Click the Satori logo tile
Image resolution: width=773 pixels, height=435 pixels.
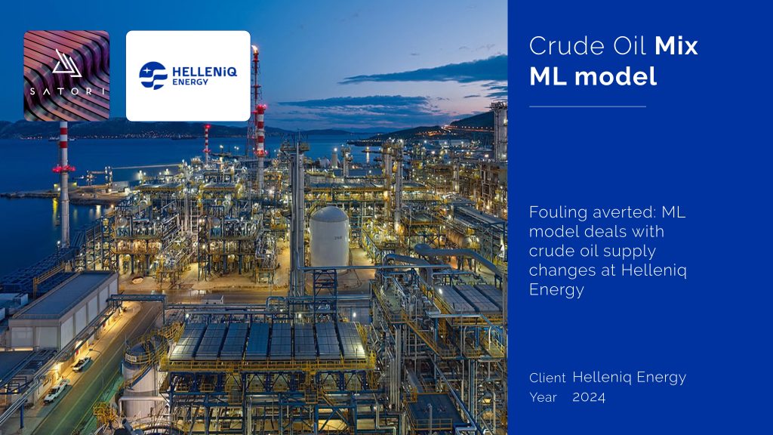[x=66, y=76]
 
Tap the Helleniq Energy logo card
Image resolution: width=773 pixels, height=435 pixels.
[x=188, y=76]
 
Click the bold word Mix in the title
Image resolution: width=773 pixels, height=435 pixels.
[x=676, y=46]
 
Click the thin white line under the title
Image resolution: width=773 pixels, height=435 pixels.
[x=587, y=106]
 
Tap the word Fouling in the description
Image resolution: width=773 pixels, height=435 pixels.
[x=559, y=212]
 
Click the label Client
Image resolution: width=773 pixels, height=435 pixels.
[x=547, y=378]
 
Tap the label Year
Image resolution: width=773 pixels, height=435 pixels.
[x=543, y=397]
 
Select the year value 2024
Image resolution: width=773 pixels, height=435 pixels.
[x=589, y=397]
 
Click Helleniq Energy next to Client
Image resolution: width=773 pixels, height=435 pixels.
[x=629, y=378]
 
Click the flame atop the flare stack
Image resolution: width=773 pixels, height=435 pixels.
[x=255, y=49]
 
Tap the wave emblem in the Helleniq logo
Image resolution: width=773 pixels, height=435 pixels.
[x=152, y=76]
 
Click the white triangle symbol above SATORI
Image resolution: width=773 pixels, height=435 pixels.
[x=66, y=63]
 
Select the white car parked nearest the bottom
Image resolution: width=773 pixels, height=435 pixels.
[x=56, y=390]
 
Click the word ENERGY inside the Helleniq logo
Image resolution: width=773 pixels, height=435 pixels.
[x=190, y=82]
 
